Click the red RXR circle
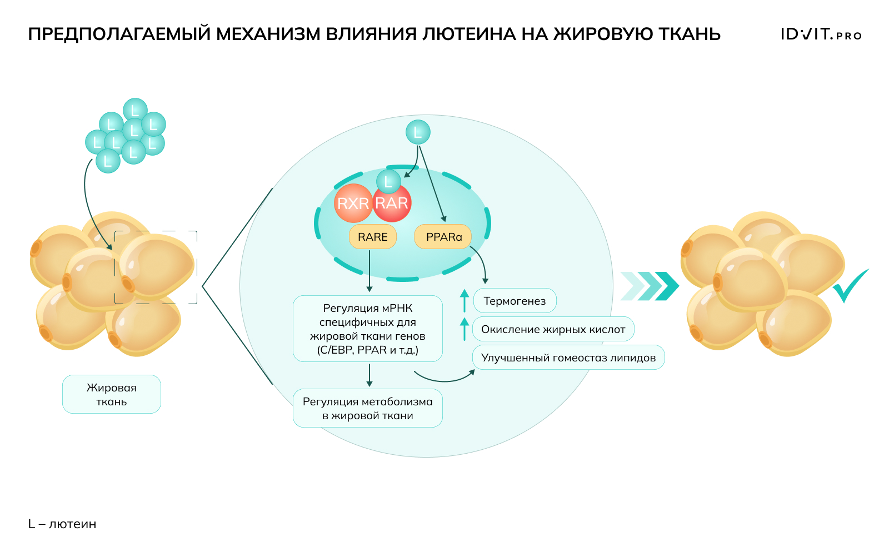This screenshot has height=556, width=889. pos(353,203)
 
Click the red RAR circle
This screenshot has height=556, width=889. pos(392,203)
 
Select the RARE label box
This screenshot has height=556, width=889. pos(372,237)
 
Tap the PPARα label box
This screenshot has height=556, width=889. pos(443,237)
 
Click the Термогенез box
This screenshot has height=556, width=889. pos(515,301)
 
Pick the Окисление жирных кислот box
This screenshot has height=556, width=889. pos(553,329)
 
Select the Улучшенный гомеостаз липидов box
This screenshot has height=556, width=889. pos(568,358)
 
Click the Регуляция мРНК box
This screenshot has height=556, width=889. pos(367,329)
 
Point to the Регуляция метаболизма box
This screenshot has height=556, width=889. pos(367,408)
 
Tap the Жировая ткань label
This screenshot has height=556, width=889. pos(111,394)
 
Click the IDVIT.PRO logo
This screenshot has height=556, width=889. pos(821,34)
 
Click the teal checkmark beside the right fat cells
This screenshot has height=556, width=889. pos(850,285)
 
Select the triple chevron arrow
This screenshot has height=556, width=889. pos(650,286)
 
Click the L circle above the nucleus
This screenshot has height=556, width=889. pos(418,132)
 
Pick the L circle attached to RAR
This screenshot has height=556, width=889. pos(388,181)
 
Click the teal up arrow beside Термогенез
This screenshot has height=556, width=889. pos(465,300)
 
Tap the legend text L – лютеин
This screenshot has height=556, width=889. pos(62,524)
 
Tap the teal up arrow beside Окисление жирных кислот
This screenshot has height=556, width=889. pos(465,329)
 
